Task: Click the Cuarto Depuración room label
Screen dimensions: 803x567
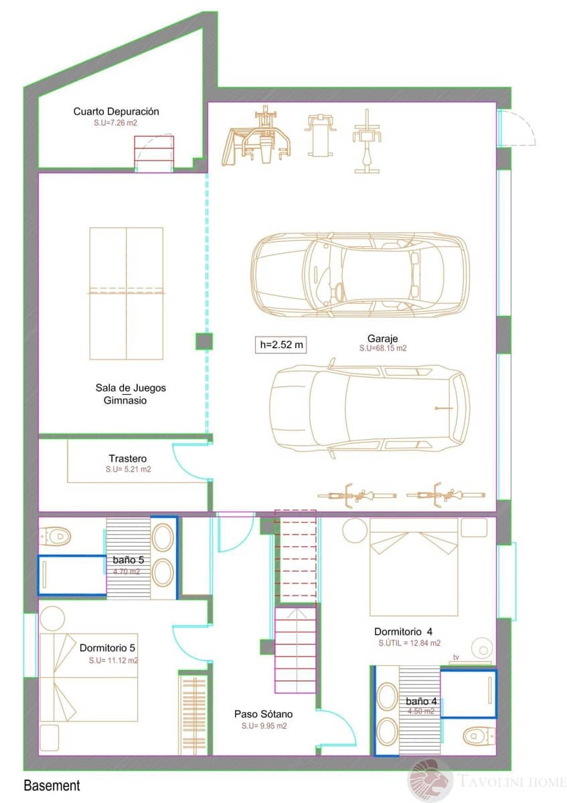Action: tap(116, 112)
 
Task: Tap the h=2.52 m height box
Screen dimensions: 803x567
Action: tap(281, 345)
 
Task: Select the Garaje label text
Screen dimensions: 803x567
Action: tap(382, 339)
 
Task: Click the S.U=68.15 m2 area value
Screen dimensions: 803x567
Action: tap(382, 349)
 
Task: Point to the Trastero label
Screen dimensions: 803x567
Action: tap(128, 459)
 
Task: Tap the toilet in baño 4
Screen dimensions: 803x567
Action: tap(478, 736)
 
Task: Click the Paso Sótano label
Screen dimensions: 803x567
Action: tap(263, 715)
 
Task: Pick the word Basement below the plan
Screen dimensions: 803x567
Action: tap(52, 786)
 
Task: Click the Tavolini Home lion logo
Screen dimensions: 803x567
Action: tap(430, 780)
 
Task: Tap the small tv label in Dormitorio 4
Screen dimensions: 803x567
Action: tap(457, 658)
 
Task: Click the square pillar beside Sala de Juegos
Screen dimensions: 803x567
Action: tap(204, 341)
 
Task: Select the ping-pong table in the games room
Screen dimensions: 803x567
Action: tap(127, 292)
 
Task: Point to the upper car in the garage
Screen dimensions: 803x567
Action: tap(360, 274)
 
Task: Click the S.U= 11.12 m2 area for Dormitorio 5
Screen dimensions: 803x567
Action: tap(113, 660)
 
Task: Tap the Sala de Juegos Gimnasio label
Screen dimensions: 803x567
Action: tap(130, 394)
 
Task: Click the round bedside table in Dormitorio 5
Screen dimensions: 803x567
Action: tap(52, 617)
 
